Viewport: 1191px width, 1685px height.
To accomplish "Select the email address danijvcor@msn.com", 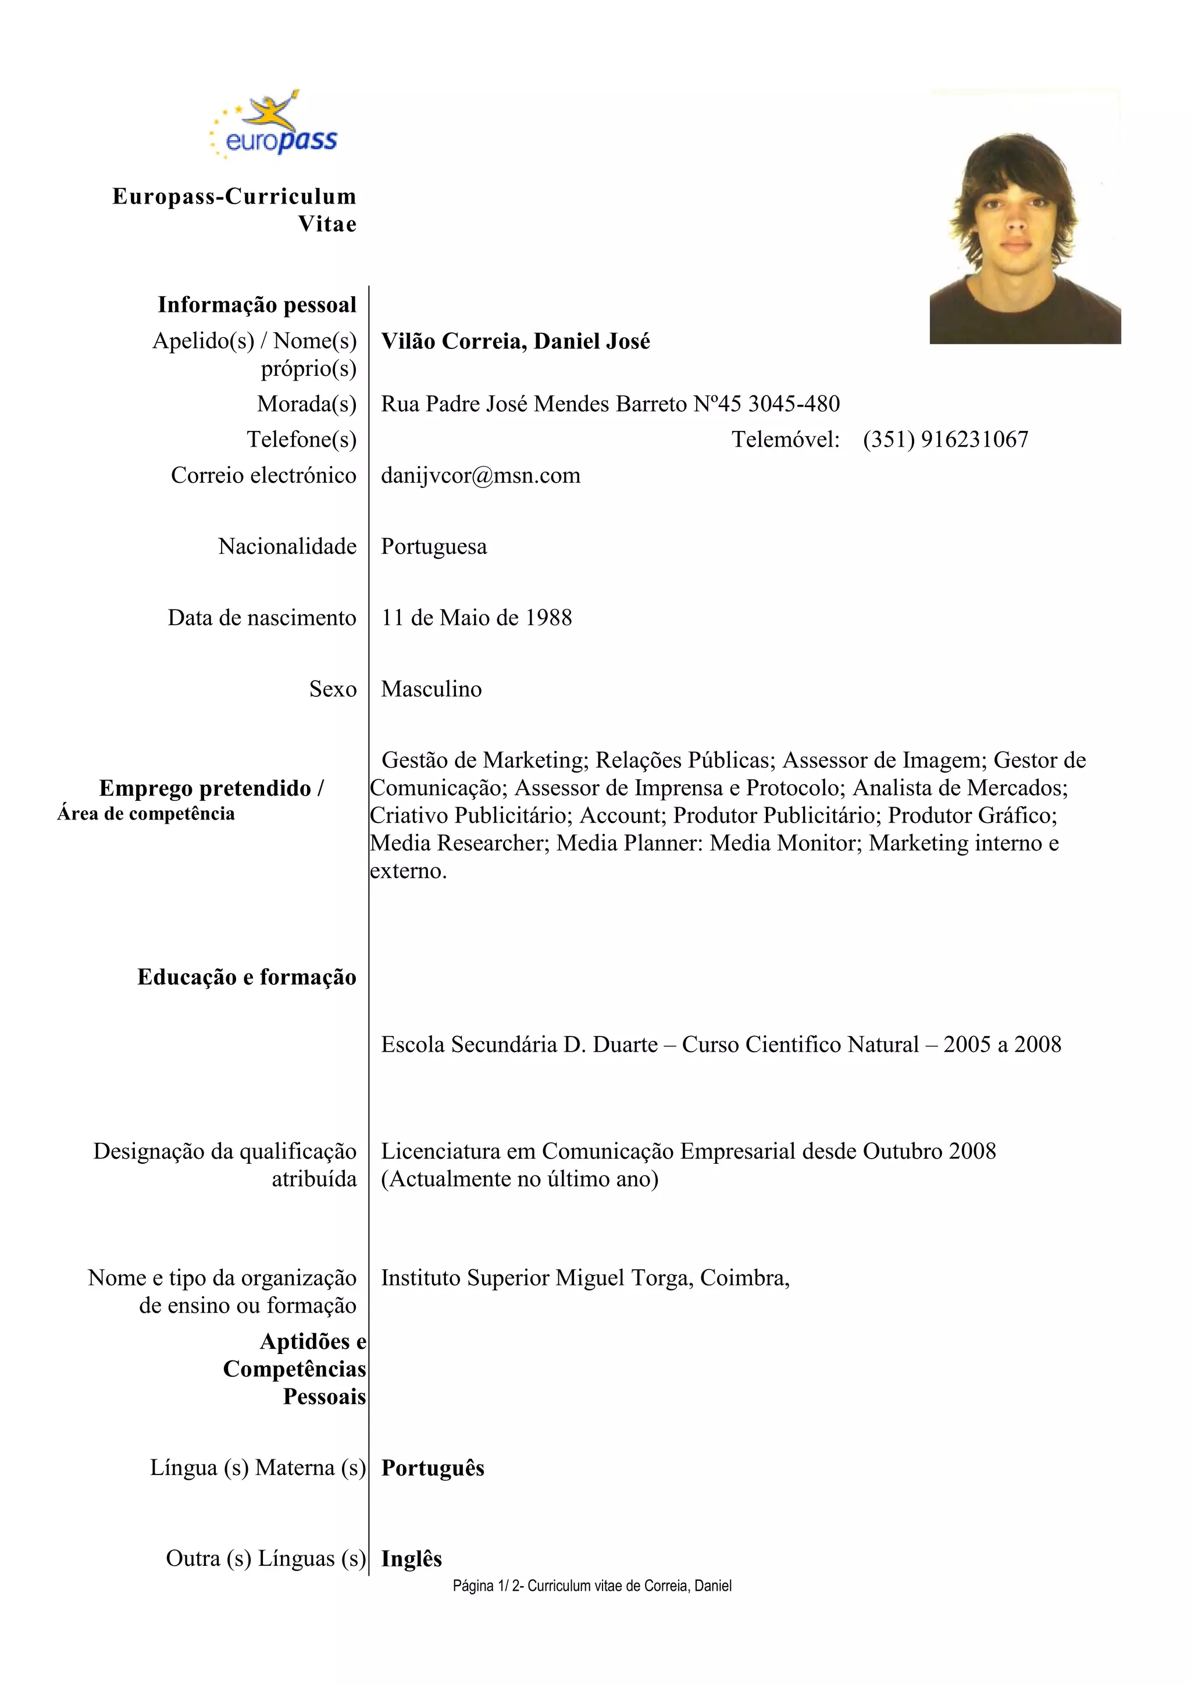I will click(481, 476).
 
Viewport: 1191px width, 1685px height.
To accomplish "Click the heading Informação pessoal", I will click(257, 305).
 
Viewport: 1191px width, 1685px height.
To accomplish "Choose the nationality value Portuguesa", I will click(434, 547).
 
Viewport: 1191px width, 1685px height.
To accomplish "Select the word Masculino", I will click(432, 689).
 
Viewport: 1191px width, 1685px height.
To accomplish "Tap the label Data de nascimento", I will click(262, 618).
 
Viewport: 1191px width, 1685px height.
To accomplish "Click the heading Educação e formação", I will click(247, 978).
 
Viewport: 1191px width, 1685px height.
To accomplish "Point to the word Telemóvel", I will click(785, 440).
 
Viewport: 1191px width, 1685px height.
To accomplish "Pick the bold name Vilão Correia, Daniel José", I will click(515, 341).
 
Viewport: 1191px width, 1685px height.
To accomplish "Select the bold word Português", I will click(433, 1468).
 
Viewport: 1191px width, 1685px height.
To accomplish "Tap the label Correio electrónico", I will click(263, 476).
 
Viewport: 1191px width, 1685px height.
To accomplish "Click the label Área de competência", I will click(146, 814).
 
